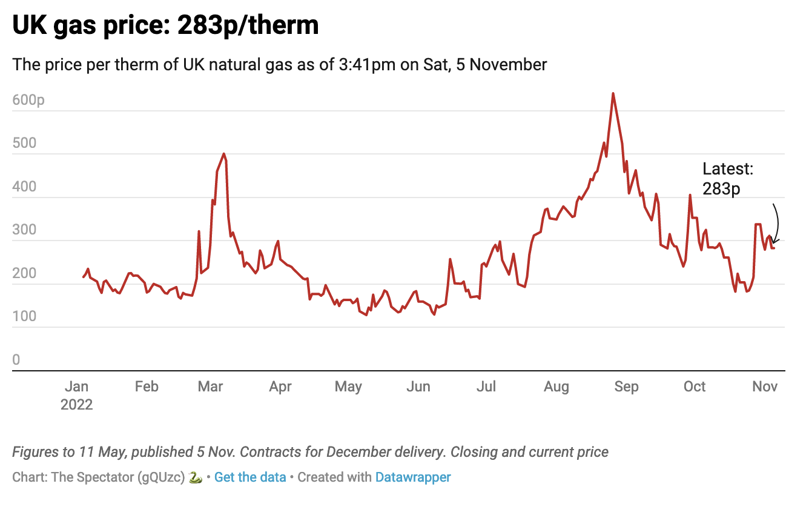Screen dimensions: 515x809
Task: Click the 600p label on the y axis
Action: pos(28,101)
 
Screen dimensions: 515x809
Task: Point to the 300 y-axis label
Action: pos(24,230)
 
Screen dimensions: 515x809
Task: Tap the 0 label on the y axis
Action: pos(16,360)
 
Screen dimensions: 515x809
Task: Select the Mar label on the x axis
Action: pos(210,387)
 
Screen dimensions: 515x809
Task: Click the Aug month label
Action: pos(556,387)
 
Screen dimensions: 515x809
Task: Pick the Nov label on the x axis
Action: pos(765,387)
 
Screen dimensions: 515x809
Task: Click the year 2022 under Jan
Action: pos(76,404)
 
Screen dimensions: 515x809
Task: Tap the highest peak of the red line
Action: pos(613,93)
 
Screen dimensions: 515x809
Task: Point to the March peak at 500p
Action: pos(224,154)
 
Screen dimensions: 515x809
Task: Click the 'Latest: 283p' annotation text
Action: pos(728,179)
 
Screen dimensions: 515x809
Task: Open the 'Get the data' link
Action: pos(250,477)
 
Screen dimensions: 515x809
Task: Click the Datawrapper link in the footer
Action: pos(413,477)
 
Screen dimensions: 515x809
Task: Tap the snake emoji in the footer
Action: pos(195,477)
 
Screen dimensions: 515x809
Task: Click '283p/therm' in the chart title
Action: pos(248,25)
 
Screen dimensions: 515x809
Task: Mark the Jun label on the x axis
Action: pos(418,387)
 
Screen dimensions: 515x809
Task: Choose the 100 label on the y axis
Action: pos(24,317)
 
